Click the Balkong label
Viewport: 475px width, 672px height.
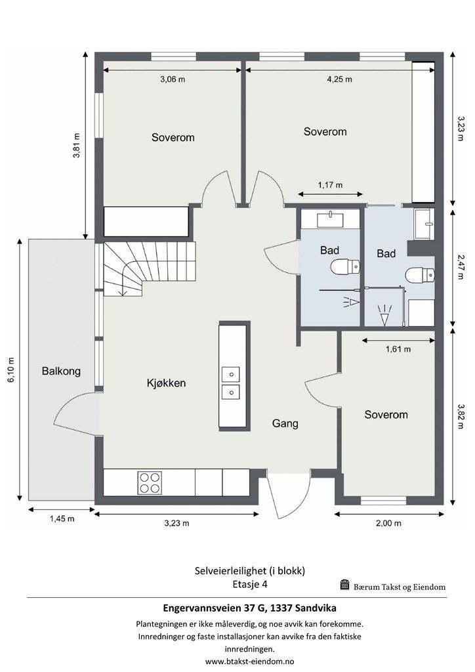[61, 371]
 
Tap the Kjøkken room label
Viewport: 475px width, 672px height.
[166, 383]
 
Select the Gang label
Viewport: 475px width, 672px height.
[285, 423]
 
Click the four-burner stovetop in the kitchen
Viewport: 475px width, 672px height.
[150, 482]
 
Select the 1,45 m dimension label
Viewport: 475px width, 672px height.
[62, 519]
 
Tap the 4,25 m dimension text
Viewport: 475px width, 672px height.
[340, 79]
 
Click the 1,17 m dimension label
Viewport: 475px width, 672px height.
[330, 185]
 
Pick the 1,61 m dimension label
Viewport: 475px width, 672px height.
[398, 349]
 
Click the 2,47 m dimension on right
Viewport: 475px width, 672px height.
[461, 267]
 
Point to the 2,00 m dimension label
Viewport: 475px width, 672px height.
[389, 523]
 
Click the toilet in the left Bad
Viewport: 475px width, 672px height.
[345, 266]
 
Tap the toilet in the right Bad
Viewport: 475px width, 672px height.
[420, 275]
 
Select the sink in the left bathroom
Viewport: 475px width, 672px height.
[330, 219]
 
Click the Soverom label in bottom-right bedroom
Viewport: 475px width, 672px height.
[386, 415]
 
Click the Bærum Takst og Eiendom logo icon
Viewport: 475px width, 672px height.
[344, 585]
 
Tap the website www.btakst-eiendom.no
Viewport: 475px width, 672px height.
[249, 661]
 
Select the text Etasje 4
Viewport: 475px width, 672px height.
[250, 583]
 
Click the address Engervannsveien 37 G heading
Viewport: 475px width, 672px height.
[250, 608]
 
